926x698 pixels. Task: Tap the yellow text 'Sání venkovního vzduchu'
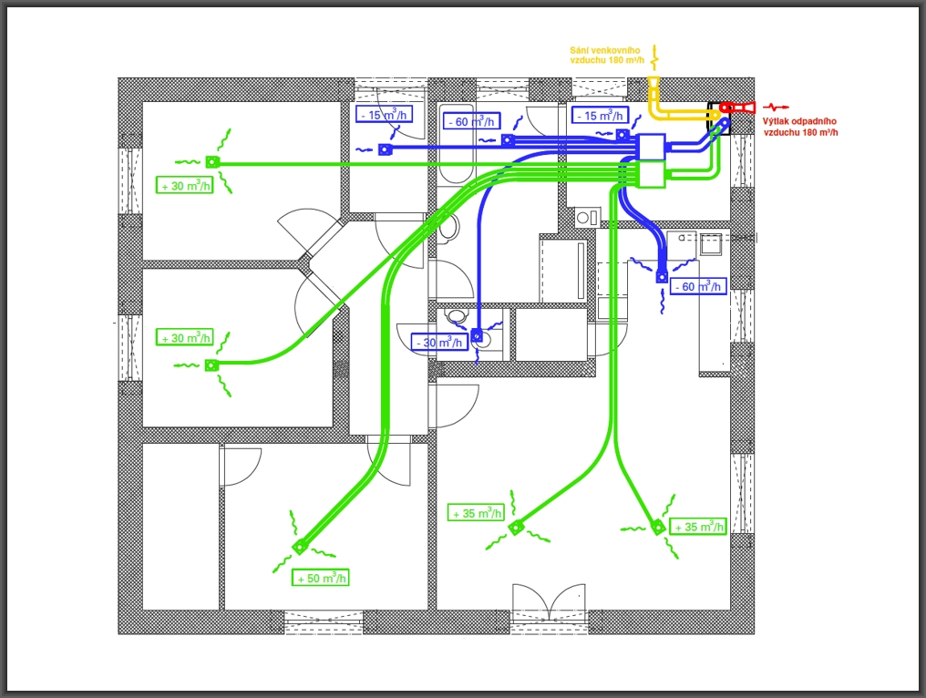point(606,55)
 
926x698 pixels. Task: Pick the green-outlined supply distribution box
point(652,174)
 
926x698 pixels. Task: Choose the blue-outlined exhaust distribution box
point(651,146)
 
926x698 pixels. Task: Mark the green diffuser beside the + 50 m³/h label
point(299,547)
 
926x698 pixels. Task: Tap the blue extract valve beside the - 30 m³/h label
point(476,335)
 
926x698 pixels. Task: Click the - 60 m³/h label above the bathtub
point(471,121)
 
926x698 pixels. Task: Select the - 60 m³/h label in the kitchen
point(698,286)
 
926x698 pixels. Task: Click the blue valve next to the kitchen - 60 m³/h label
point(662,275)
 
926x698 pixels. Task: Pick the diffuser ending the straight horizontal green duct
point(211,162)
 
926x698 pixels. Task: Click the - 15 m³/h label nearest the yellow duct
point(599,115)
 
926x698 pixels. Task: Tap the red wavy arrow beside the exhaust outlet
point(777,108)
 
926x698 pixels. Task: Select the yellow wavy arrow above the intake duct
point(653,62)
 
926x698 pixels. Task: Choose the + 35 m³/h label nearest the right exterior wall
point(698,527)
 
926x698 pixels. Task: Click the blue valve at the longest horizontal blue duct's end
point(385,149)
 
